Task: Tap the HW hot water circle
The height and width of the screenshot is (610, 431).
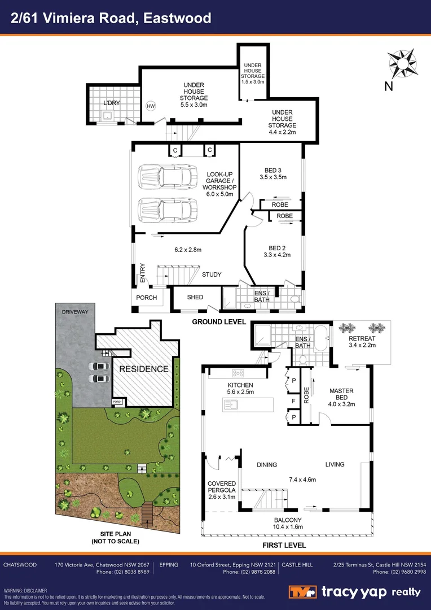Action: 151,106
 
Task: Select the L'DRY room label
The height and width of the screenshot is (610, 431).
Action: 111,103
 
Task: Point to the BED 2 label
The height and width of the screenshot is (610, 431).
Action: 278,247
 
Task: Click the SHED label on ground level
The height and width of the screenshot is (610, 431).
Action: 195,297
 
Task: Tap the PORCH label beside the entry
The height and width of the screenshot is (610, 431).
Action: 145,297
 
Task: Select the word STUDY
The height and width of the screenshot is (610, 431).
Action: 212,274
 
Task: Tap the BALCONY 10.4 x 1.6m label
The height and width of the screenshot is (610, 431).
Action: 288,523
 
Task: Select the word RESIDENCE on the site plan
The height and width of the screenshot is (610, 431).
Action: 143,369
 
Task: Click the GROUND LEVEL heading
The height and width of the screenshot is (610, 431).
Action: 219,322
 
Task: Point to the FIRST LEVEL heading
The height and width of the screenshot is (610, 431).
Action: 284,545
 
